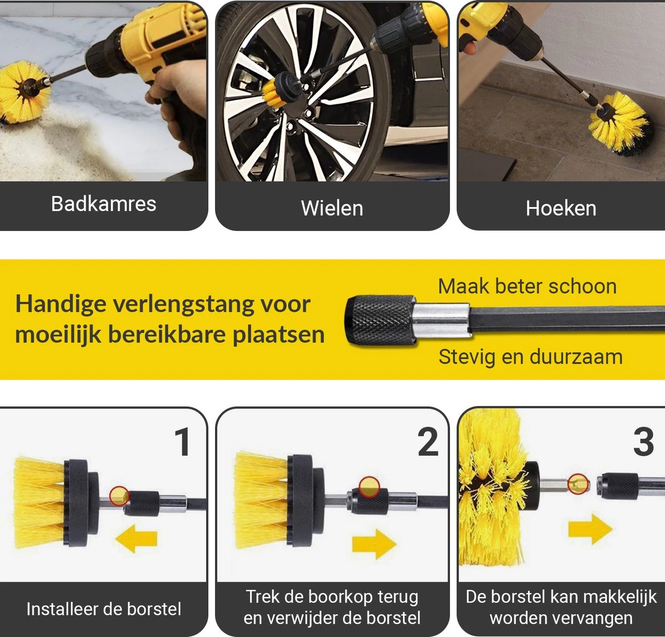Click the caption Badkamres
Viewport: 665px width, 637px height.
click(x=104, y=204)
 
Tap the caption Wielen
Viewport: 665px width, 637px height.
click(x=332, y=208)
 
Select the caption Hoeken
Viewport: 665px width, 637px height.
click(x=561, y=208)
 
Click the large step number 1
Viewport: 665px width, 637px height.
click(x=182, y=443)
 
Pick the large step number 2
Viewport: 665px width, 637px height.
click(x=428, y=443)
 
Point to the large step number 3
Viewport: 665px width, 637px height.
click(x=643, y=443)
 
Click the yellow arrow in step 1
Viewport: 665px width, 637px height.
click(x=136, y=538)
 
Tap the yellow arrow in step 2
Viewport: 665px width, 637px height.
click(x=375, y=541)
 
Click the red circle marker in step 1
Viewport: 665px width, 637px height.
click(x=119, y=496)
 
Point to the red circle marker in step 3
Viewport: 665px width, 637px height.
click(x=578, y=484)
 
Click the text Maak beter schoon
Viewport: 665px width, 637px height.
click(x=527, y=286)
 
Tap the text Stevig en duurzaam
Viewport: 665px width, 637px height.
click(x=530, y=357)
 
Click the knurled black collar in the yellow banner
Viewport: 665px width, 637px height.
click(x=380, y=320)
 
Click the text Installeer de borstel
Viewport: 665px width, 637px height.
click(x=104, y=609)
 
